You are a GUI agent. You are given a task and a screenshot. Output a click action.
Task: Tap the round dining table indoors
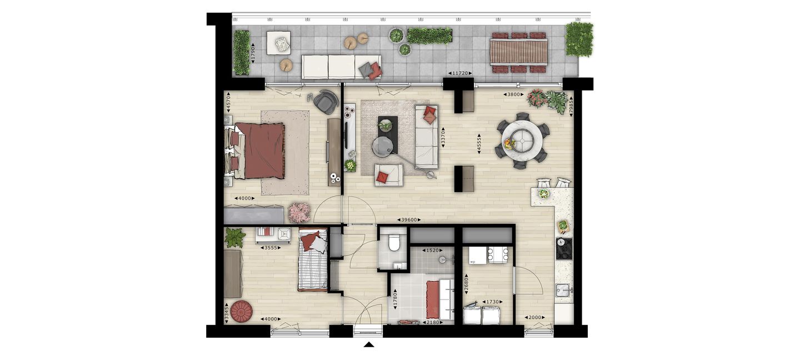522,141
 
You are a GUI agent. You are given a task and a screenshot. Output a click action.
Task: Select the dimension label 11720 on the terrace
460,73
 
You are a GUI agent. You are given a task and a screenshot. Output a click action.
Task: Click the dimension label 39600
409,220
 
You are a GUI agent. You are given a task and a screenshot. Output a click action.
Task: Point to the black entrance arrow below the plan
369,344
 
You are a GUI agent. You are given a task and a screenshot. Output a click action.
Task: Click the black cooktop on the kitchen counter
564,248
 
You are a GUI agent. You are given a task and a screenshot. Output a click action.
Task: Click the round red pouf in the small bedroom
242,311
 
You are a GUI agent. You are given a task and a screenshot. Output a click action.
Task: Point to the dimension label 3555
271,248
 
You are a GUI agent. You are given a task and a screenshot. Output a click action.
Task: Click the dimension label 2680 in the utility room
466,283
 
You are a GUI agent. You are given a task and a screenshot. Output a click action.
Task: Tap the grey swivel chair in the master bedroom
326,102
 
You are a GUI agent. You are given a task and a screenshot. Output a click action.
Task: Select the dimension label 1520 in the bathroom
432,251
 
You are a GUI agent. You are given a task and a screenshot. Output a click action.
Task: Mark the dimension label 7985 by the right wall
571,106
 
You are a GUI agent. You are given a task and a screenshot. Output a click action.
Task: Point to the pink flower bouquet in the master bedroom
299,212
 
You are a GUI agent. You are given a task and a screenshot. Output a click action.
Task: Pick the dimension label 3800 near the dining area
513,94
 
